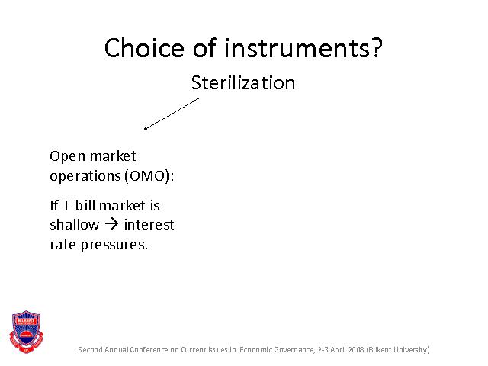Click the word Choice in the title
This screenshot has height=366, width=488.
point(144,47)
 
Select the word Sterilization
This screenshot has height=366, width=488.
point(243,83)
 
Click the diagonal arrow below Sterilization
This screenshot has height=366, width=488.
point(172,114)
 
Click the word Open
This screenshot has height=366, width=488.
point(67,156)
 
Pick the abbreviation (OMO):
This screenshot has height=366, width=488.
point(149,176)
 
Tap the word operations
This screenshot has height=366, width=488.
point(85,176)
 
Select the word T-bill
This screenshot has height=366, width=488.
point(79,205)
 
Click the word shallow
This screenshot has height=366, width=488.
point(75,224)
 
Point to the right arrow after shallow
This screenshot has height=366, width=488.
point(111,224)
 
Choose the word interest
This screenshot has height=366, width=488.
point(149,225)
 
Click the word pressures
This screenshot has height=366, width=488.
point(114,245)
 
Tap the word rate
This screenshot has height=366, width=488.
point(63,245)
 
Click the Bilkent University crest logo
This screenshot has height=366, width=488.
point(26,332)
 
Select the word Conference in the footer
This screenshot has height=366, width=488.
point(149,350)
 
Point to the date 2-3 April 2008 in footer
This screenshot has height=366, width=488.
point(341,350)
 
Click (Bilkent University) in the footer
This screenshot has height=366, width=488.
point(398,350)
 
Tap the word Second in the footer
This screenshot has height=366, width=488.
point(90,350)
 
